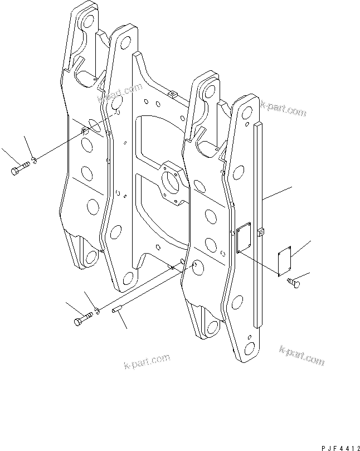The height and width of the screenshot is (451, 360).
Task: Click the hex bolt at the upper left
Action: click(x=20, y=168)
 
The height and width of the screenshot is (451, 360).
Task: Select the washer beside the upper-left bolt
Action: click(x=34, y=160)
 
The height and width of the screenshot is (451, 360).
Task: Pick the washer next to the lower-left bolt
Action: click(x=98, y=311)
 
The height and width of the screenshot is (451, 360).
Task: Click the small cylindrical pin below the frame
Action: click(x=118, y=309)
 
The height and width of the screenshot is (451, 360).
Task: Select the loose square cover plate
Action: click(x=285, y=261)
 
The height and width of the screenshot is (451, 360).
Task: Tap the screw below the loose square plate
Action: click(x=294, y=283)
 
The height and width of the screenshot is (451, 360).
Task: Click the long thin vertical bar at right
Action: click(x=258, y=225)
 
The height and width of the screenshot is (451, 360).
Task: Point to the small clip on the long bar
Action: click(x=260, y=231)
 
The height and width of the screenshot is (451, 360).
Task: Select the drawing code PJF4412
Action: click(x=340, y=448)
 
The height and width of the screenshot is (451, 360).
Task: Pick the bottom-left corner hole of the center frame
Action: click(x=128, y=278)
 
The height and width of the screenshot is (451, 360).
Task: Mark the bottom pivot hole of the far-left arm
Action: click(x=91, y=257)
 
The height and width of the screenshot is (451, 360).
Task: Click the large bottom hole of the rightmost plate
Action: click(x=249, y=349)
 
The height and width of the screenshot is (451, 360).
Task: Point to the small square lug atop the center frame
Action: click(x=172, y=94)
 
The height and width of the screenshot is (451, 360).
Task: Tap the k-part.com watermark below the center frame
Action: click(x=147, y=361)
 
